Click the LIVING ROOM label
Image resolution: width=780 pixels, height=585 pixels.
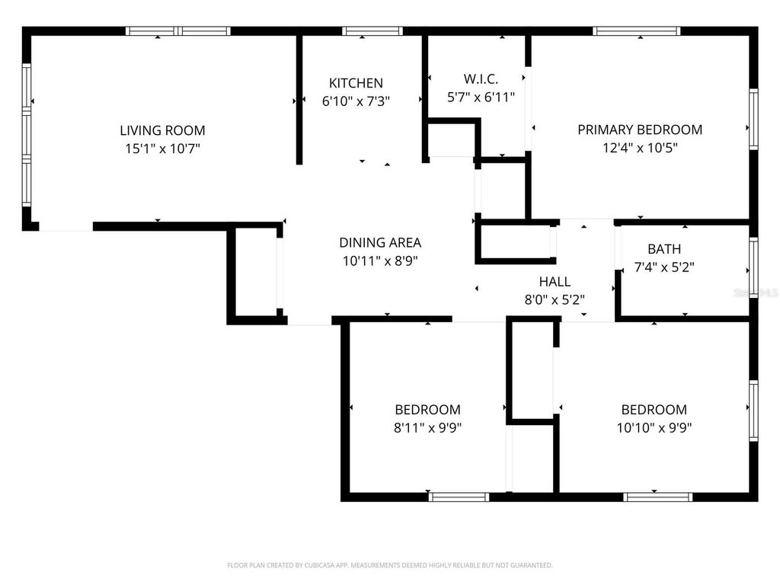click(162, 130)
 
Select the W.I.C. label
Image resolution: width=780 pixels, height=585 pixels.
click(481, 78)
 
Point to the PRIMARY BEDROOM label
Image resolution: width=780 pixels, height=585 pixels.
click(640, 129)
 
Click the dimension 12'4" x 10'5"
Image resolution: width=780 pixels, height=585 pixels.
click(640, 148)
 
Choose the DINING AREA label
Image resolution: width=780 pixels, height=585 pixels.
click(380, 243)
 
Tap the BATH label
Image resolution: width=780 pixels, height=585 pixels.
click(664, 249)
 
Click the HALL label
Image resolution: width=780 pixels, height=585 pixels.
click(555, 281)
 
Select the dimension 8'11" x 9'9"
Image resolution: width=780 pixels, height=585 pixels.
click(427, 427)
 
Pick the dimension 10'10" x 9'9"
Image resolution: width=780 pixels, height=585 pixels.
click(654, 427)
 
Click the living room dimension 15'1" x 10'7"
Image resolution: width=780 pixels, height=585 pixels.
click(162, 149)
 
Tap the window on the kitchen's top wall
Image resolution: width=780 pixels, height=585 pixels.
click(372, 31)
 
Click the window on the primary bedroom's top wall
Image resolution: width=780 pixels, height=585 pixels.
click(638, 31)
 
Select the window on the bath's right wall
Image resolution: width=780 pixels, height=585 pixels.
click(753, 266)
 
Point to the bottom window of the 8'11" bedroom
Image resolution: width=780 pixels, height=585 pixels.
click(459, 497)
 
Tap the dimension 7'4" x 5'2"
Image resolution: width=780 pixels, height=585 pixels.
click(664, 267)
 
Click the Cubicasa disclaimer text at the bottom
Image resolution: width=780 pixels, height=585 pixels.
click(390, 565)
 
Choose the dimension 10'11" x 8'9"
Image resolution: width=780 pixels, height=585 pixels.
click(380, 261)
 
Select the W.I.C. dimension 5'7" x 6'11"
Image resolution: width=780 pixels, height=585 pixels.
click(481, 97)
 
